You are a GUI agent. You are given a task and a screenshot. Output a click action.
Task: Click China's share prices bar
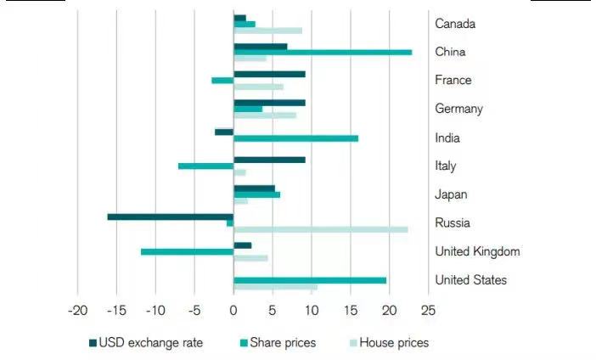tap(323, 53)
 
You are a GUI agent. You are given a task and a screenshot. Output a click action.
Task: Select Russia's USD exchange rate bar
tap(170, 217)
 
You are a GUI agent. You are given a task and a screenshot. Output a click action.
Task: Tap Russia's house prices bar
tap(320, 229)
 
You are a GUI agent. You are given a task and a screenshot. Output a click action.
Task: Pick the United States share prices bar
tap(310, 280)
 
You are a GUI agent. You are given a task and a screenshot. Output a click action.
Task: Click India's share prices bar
tap(295, 138)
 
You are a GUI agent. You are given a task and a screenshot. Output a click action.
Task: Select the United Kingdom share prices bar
tap(187, 251)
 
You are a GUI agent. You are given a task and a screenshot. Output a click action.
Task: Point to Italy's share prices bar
tap(205, 166)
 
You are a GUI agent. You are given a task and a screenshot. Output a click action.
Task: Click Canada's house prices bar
tap(267, 31)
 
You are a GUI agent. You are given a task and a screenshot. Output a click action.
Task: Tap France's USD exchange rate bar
tap(269, 74)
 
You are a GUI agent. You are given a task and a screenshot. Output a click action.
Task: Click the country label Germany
tap(458, 109)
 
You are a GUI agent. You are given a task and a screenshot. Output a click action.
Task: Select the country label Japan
tap(451, 194)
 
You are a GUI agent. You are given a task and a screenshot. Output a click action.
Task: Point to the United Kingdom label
tap(477, 251)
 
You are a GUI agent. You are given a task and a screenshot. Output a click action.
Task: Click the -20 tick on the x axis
tap(77, 311)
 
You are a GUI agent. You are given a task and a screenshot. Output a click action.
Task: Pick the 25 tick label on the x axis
tap(427, 311)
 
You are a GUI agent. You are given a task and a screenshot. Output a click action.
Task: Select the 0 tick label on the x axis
tap(233, 311)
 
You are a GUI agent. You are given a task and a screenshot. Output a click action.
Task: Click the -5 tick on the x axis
tap(194, 311)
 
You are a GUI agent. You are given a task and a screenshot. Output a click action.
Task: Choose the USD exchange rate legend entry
tap(143, 343)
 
